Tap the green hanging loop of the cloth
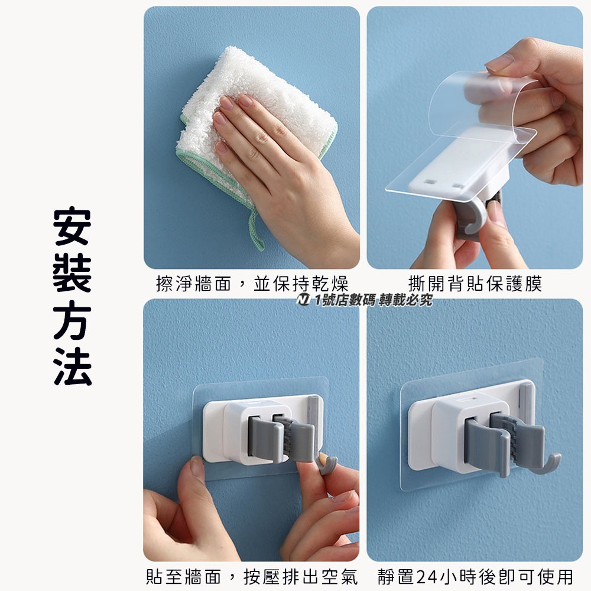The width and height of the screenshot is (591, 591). click(x=255, y=230)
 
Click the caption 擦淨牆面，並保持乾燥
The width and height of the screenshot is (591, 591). click(x=252, y=284)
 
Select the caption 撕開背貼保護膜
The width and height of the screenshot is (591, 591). click(x=475, y=284)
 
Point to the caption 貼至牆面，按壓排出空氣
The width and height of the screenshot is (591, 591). click(x=252, y=577)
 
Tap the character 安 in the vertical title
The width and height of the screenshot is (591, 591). click(x=72, y=226)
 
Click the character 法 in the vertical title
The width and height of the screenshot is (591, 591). click(x=72, y=366)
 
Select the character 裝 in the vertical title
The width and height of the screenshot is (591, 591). click(x=72, y=273)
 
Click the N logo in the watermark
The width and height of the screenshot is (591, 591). click(x=303, y=300)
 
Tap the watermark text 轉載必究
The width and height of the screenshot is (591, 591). click(x=406, y=300)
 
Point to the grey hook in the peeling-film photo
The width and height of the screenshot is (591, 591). click(x=471, y=219)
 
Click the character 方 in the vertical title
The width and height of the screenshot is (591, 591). click(x=72, y=320)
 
